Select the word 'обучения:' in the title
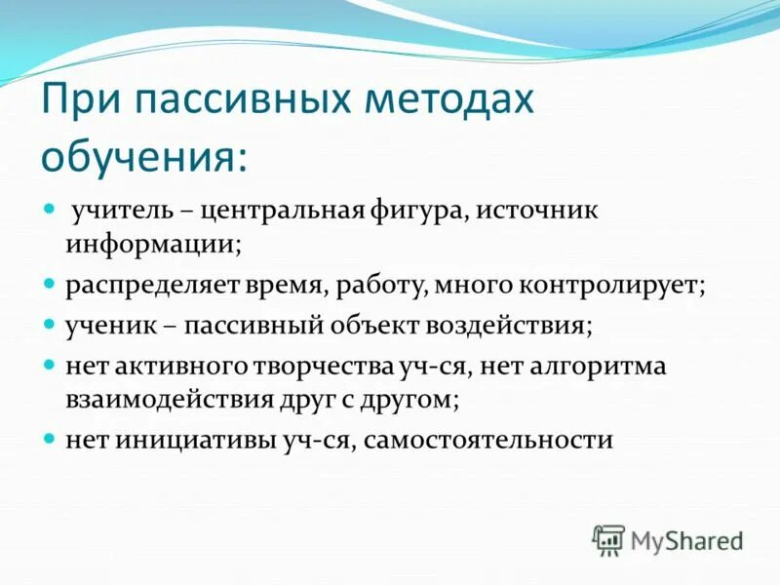pos(144,157)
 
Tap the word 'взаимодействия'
pos(162,399)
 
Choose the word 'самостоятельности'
pos(492,440)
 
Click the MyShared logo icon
pos(609,539)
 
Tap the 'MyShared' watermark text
pos(687,540)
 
